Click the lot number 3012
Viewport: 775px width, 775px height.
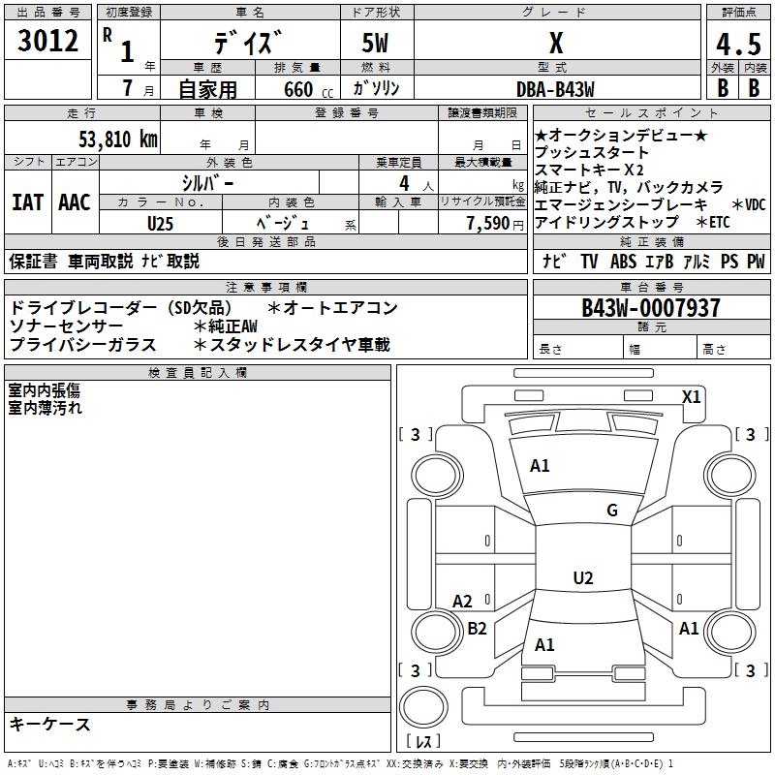point(48,42)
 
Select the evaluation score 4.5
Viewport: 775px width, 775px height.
point(737,45)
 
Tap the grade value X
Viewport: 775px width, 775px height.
point(555,44)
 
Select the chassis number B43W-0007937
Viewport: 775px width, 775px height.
point(650,308)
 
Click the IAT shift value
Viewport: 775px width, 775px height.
point(27,202)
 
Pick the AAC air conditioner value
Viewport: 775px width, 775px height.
point(75,202)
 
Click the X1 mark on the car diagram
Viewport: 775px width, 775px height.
point(692,396)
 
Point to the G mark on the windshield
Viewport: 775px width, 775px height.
point(611,511)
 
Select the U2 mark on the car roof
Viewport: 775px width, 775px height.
point(582,578)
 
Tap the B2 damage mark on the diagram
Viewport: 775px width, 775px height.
point(477,628)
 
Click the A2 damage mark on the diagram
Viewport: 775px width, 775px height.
point(462,602)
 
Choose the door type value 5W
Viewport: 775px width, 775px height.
point(376,44)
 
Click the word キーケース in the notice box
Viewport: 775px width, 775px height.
point(49,725)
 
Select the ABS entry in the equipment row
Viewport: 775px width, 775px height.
point(623,261)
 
